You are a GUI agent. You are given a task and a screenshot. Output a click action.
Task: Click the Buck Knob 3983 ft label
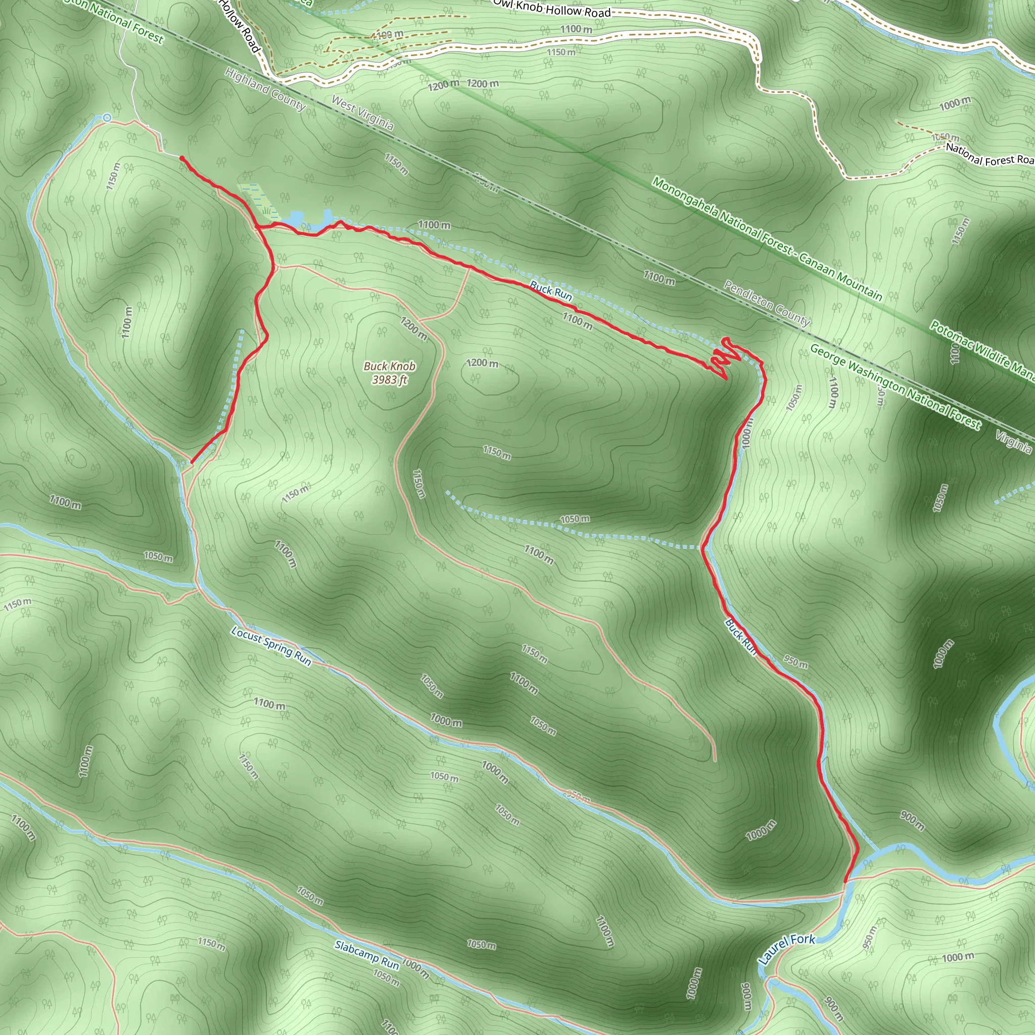[390, 373]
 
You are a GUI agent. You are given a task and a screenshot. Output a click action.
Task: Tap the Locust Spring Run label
[271, 646]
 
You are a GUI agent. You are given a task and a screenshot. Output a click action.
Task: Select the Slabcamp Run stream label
[367, 955]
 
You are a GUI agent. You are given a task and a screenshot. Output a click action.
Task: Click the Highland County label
[265, 89]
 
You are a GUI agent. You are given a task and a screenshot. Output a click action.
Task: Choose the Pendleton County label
[767, 303]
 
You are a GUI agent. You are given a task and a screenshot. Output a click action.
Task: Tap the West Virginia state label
[363, 113]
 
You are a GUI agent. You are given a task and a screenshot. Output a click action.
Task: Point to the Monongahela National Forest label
[766, 239]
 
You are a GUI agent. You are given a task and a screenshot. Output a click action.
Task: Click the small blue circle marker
[108, 117]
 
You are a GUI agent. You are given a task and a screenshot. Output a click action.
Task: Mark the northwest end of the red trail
[182, 159]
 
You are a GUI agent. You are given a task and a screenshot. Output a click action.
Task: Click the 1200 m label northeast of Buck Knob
[482, 363]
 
